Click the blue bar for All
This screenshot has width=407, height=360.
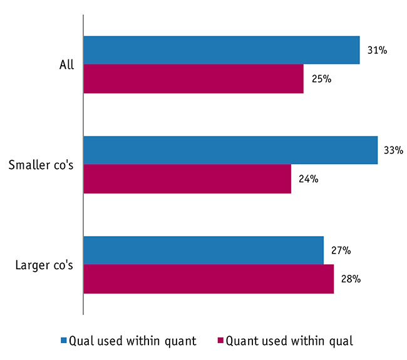click(x=221, y=50)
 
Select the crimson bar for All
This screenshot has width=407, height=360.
click(x=193, y=79)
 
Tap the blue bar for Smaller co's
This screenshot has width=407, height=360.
click(x=230, y=150)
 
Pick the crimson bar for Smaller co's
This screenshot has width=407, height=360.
click(x=187, y=179)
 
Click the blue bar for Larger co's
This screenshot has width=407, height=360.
click(x=203, y=250)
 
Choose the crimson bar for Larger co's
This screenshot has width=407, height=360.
click(x=208, y=279)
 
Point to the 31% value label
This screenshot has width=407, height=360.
click(x=376, y=50)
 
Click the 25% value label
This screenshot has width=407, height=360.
click(x=321, y=79)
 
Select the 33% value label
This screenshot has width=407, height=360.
click(x=394, y=150)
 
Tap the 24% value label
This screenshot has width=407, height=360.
click(x=308, y=179)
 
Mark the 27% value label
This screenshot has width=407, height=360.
click(x=340, y=250)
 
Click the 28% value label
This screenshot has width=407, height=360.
click(x=351, y=279)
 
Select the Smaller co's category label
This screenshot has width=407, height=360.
click(x=41, y=165)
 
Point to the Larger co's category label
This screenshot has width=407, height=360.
click(x=44, y=265)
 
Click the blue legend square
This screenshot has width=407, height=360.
click(x=63, y=341)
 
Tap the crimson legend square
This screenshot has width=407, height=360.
click(x=220, y=341)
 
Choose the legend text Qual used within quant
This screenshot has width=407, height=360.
click(x=133, y=341)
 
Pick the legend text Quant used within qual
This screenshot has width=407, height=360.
click(x=289, y=341)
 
